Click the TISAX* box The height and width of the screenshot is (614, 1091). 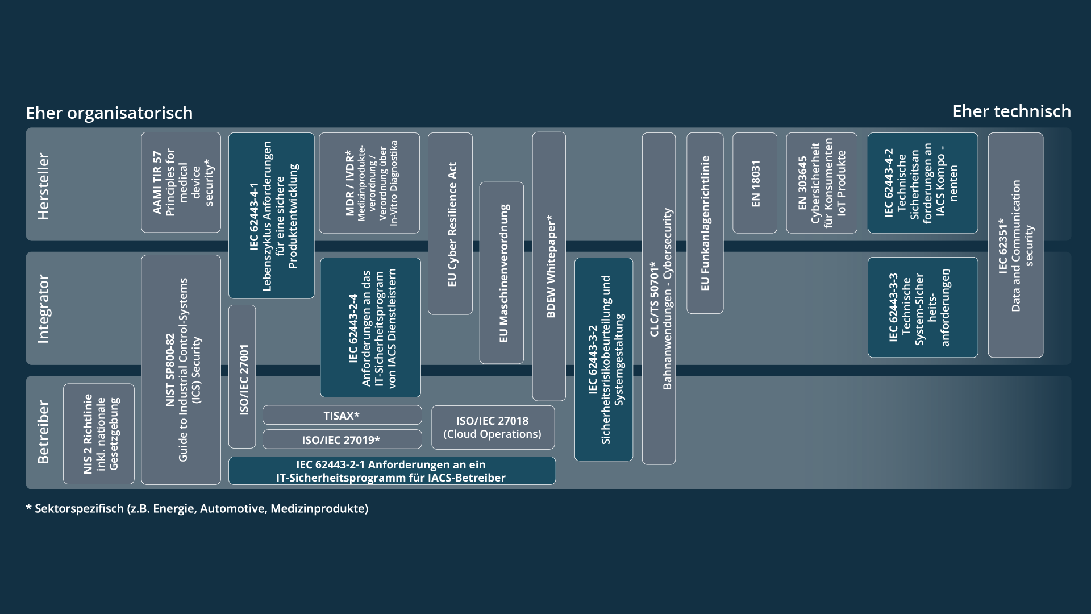[342, 415]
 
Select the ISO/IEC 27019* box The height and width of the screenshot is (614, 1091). [342, 439]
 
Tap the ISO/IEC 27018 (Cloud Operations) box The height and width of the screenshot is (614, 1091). [493, 427]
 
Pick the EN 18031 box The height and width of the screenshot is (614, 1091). [755, 183]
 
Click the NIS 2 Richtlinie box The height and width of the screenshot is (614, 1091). [99, 434]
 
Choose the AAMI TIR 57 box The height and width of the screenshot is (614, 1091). [181, 182]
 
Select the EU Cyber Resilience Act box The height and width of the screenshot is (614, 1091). [451, 223]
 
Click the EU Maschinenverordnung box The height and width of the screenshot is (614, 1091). [502, 273]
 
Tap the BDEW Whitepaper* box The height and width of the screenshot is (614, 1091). [549, 266]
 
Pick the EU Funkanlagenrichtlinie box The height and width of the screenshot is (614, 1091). [705, 223]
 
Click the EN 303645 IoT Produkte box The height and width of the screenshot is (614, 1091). [822, 183]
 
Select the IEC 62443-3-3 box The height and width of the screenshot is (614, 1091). [923, 308]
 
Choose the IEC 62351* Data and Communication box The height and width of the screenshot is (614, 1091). [1015, 245]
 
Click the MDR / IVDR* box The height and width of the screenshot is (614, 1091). [369, 183]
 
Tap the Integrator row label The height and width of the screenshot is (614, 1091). [43, 309]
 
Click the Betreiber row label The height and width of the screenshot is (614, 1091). [43, 432]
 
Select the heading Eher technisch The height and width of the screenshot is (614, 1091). [1011, 111]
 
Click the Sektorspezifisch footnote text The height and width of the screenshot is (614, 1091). [197, 508]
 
